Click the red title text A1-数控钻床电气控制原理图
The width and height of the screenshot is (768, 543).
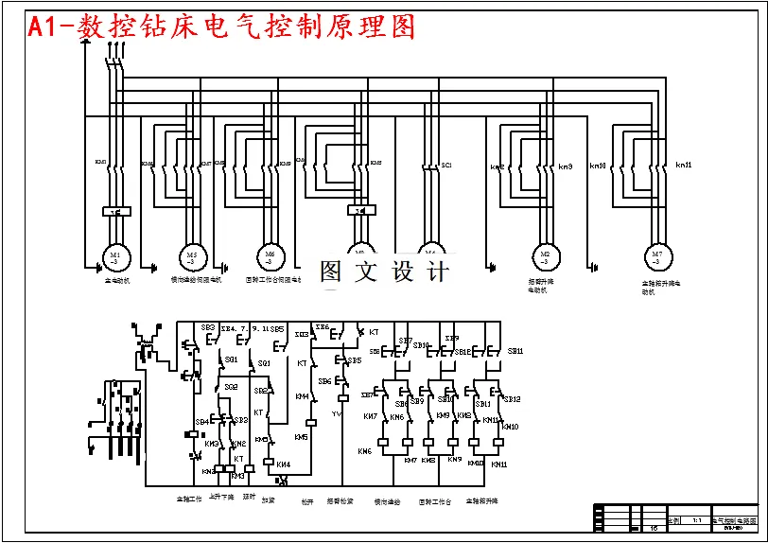tap(222, 26)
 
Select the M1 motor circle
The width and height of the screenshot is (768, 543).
tap(114, 256)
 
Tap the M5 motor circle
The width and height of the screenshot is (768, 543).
tap(192, 256)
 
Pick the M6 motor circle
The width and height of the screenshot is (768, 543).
tap(271, 256)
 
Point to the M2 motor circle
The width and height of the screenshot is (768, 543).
tap(545, 256)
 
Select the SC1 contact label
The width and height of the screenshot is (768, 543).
tap(446, 166)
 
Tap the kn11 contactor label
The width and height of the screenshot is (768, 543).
tap(683, 166)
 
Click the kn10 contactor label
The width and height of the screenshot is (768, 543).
tap(598, 166)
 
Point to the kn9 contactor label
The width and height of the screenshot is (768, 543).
tap(566, 166)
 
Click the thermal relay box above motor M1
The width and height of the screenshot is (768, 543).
tap(114, 211)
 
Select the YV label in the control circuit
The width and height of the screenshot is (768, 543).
tap(336, 413)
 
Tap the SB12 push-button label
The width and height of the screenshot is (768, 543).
tap(512, 399)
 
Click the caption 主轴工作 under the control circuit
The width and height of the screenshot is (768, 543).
tap(188, 499)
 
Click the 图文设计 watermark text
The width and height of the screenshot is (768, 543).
tap(383, 272)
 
